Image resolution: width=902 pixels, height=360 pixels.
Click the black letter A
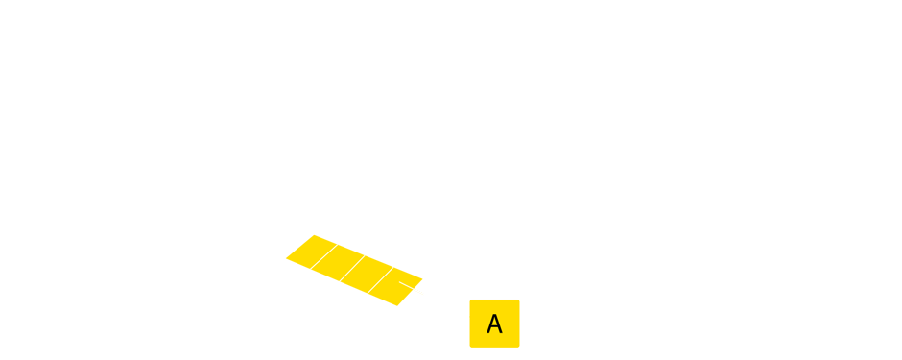(x=494, y=324)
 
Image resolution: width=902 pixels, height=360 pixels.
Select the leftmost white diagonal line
(x=323, y=256)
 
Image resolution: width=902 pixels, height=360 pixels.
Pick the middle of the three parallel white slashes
(x=352, y=269)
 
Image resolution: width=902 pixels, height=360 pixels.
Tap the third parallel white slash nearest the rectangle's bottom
(x=381, y=280)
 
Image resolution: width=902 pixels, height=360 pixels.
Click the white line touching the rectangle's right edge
(x=411, y=287)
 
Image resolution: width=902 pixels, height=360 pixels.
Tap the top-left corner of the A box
(x=470, y=300)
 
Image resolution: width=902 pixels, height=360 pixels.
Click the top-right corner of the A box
(x=519, y=300)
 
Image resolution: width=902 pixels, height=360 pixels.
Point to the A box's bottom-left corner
(x=470, y=347)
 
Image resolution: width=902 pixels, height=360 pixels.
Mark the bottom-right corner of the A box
(x=519, y=347)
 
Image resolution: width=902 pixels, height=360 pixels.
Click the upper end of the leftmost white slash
(x=337, y=245)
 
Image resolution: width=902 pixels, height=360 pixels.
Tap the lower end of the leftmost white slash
(x=311, y=268)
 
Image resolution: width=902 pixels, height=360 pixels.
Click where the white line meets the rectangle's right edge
(x=423, y=293)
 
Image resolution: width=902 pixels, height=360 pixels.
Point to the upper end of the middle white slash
(x=365, y=256)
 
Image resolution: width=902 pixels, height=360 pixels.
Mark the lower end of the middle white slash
(x=340, y=281)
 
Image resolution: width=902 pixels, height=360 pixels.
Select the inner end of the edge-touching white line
(x=399, y=281)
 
